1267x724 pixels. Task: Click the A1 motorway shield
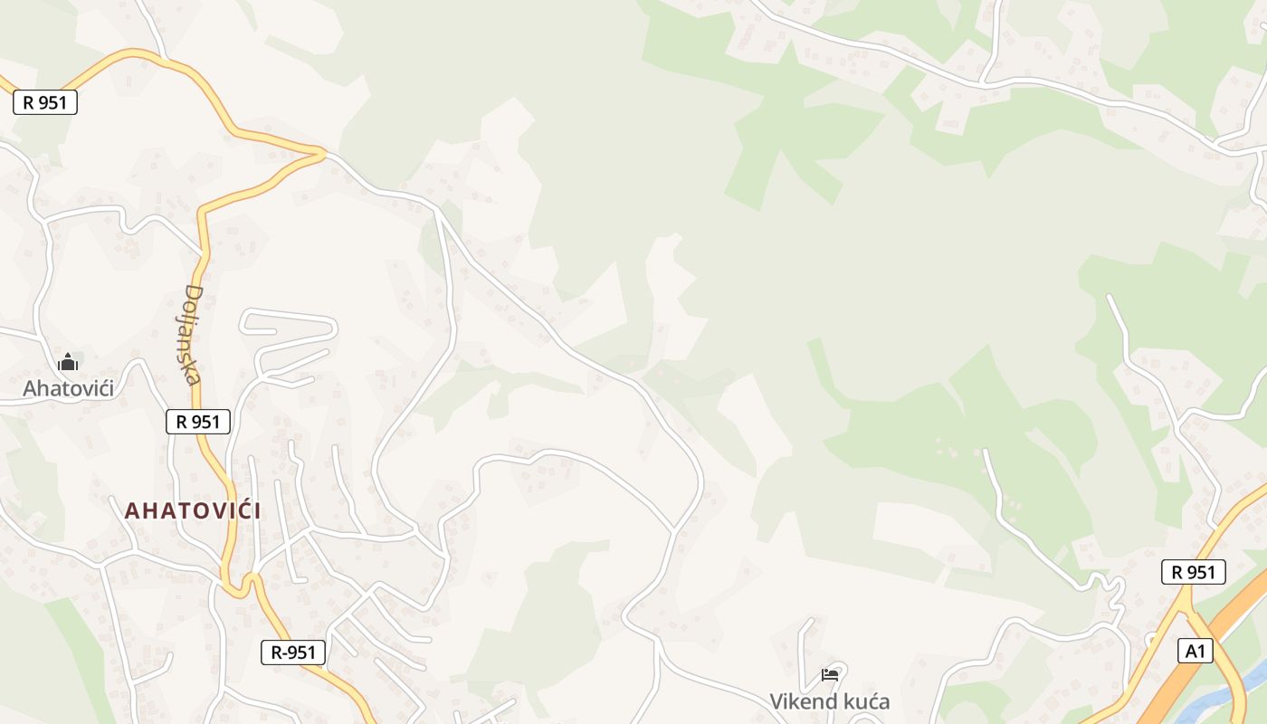click(x=1196, y=651)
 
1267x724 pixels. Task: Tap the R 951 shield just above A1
click(x=1193, y=572)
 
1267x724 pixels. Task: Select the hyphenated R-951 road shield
click(x=292, y=652)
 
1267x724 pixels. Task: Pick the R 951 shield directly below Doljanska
click(x=198, y=421)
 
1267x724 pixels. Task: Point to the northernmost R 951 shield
click(x=45, y=102)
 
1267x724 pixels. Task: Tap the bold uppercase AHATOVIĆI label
click(x=193, y=510)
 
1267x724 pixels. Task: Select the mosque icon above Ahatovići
click(x=68, y=364)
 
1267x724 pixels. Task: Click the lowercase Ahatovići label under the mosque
click(x=69, y=389)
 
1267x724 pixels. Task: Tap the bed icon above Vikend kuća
click(x=829, y=674)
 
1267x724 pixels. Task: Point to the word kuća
click(x=863, y=701)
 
